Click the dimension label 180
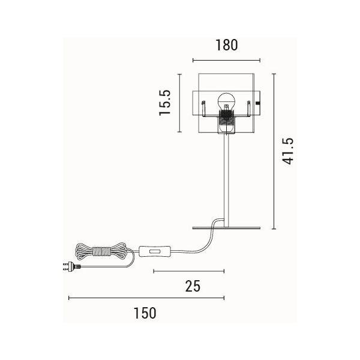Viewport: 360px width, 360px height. [227, 45]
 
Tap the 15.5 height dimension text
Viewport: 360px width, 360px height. [165, 103]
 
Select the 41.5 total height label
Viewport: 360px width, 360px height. [287, 151]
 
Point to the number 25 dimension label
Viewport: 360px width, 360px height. [193, 286]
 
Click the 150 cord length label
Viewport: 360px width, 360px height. [145, 313]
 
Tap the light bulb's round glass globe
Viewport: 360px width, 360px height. [226, 101]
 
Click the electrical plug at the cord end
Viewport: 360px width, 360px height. [71, 267]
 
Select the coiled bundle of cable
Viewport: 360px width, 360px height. [101, 251]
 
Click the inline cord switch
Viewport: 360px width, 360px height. [155, 251]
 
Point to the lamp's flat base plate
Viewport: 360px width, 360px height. [226, 228]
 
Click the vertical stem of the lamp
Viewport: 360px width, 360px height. [226, 180]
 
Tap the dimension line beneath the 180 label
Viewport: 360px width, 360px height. [226, 61]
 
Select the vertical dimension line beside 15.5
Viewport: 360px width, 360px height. [179, 103]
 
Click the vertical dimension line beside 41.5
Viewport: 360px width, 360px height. [274, 151]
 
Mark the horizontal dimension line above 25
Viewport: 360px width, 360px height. [189, 271]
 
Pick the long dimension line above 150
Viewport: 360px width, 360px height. [146, 298]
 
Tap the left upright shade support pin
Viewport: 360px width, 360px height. [203, 109]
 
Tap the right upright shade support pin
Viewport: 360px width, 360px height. [249, 109]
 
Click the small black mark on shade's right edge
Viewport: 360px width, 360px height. [259, 103]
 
